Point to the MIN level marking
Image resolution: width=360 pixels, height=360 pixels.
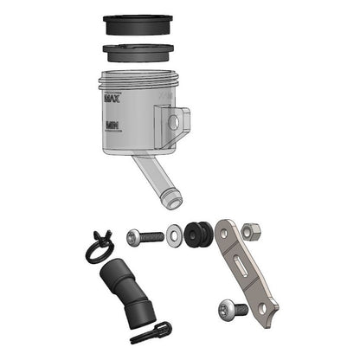(112, 125)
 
